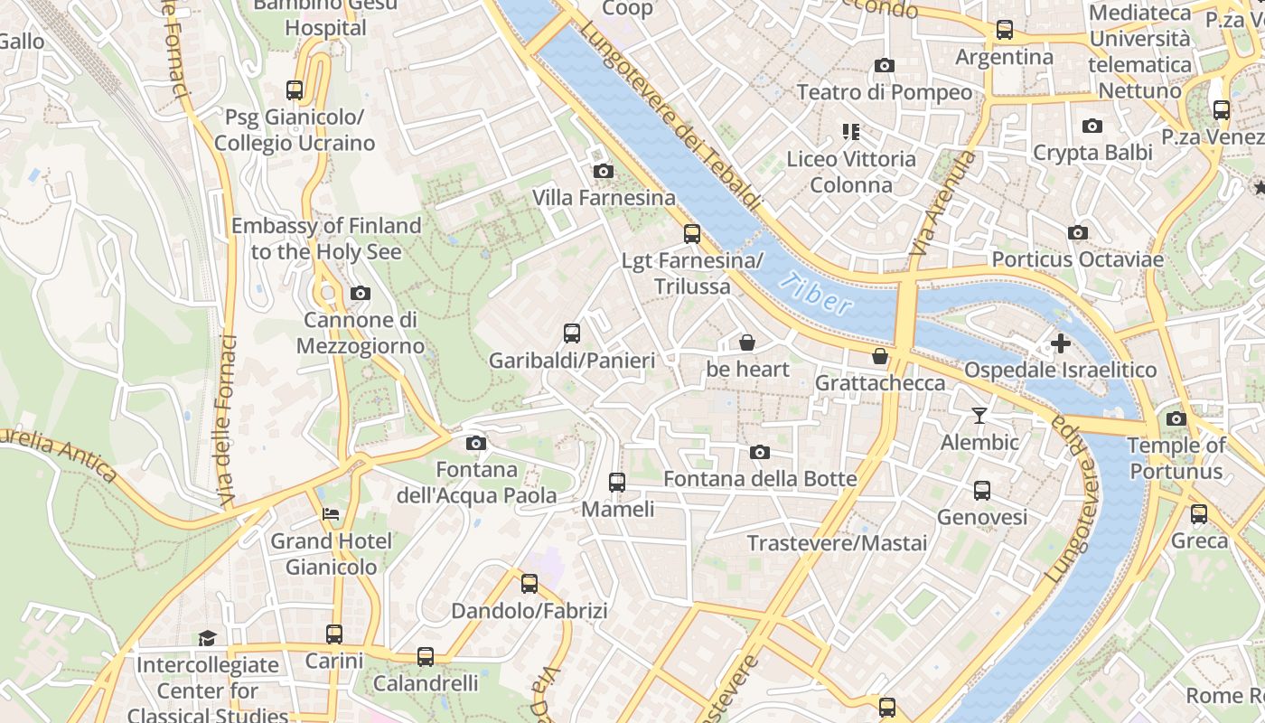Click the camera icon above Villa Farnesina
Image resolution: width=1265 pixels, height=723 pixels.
click(603, 171)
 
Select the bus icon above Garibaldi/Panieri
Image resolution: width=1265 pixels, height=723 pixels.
click(571, 333)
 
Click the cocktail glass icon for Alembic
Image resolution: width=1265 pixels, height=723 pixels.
click(979, 416)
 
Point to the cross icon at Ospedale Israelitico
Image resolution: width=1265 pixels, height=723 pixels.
click(1060, 343)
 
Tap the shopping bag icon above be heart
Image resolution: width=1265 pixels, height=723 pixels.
click(746, 343)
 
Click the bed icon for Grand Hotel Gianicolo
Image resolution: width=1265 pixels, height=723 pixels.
click(331, 514)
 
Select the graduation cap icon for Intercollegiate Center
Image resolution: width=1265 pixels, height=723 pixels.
click(208, 638)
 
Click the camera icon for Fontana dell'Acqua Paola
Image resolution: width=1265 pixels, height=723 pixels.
click(475, 443)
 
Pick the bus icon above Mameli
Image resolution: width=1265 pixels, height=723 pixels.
click(617, 482)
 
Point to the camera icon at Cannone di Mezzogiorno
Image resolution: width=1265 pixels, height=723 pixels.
click(360, 293)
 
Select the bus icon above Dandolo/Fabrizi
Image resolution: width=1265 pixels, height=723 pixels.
click(529, 584)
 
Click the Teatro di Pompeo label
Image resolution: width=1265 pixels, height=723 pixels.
click(884, 92)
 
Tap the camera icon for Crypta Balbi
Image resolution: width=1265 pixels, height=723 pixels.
click(1092, 126)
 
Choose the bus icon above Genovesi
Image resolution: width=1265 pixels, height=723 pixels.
click(981, 491)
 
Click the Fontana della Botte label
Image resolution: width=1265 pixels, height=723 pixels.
click(760, 478)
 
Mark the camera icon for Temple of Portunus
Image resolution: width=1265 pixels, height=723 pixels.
click(1176, 418)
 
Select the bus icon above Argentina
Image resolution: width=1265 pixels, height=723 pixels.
click(1004, 30)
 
